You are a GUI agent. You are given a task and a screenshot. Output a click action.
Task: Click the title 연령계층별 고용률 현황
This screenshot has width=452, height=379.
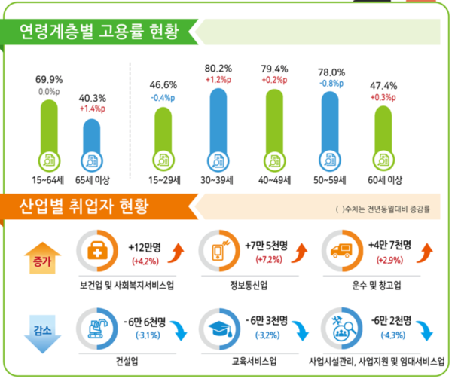pos(100,32)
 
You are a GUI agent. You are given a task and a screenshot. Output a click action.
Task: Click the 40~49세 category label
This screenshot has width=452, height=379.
pos(274,180)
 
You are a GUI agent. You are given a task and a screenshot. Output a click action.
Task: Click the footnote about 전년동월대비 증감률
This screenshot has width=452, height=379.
pos(384,209)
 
